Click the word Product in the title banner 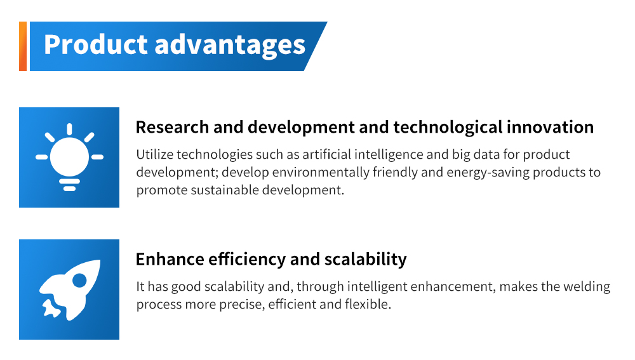[x=96, y=44]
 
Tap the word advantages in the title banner [x=230, y=45]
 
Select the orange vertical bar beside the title [x=23, y=46]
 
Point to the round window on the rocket [x=79, y=280]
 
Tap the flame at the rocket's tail [x=51, y=308]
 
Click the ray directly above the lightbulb [x=69, y=129]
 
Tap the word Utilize [x=154, y=154]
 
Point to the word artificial [x=326, y=154]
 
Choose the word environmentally [x=320, y=173]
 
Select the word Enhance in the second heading [x=170, y=259]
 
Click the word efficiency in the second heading [x=247, y=260]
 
